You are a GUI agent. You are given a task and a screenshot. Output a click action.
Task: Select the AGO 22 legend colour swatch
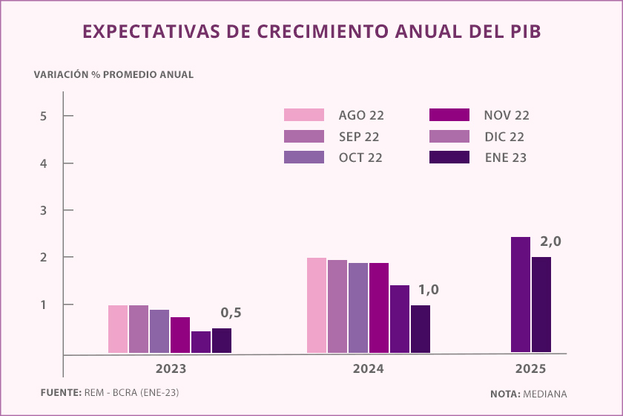[304, 114]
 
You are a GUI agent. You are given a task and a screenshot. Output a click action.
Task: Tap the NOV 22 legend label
[507, 115]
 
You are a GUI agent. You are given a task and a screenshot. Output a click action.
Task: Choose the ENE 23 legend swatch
[449, 157]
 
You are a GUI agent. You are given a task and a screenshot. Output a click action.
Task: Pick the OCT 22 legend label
[361, 157]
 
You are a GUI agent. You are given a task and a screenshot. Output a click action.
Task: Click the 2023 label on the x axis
[171, 369]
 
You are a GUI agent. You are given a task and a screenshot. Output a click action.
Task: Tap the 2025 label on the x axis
[530, 369]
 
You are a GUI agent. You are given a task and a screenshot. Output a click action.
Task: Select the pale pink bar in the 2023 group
[118, 329]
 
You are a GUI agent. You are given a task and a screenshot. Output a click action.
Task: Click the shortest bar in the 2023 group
[201, 342]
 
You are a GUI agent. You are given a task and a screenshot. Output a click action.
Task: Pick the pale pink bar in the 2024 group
[317, 305]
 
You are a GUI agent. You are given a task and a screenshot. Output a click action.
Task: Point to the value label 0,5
[231, 313]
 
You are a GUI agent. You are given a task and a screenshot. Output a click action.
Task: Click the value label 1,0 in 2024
[428, 290]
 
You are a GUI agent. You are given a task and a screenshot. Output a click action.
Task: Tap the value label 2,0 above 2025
[551, 242]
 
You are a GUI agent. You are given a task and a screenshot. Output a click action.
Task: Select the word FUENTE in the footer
[59, 391]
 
